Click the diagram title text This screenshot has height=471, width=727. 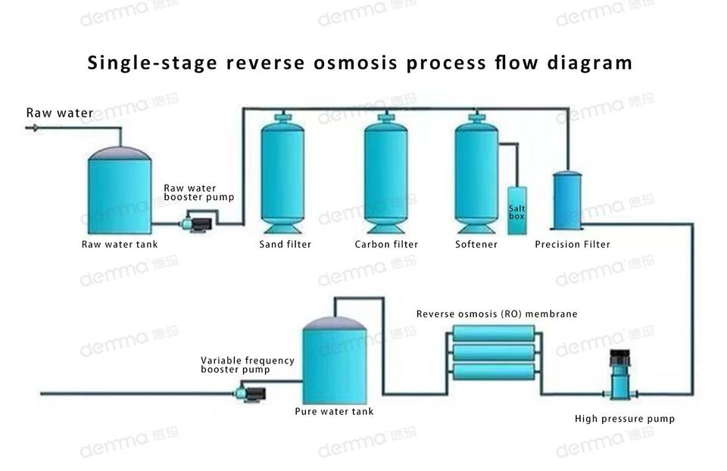coord(360,62)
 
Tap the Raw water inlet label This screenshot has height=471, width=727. coord(60,114)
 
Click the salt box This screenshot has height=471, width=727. coord(516,211)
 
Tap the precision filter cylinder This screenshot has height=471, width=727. coord(566,200)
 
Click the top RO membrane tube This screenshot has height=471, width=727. coord(493,333)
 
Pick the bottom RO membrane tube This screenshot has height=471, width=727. coord(493,371)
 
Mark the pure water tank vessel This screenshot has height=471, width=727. coord(334,362)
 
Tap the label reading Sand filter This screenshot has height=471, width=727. coord(285,245)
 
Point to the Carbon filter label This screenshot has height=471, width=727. coord(386,245)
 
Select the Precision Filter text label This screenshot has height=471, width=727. coord(572,245)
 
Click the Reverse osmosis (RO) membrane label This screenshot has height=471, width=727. coord(496,313)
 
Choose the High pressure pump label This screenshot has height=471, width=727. coord(624,419)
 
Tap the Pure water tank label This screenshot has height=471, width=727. coord(334,412)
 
